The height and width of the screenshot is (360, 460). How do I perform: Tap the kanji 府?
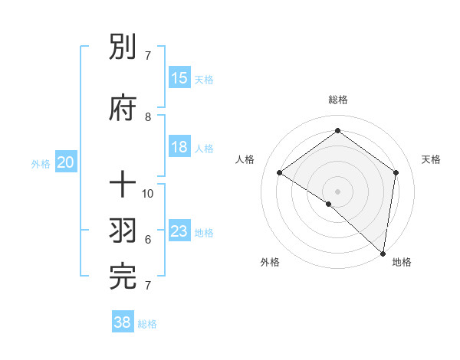point(124,109)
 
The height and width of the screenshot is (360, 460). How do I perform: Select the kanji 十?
point(124,185)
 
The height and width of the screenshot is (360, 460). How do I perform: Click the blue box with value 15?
point(179,78)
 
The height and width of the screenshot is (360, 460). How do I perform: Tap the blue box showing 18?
point(179,147)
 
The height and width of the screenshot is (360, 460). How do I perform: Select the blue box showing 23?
point(179,231)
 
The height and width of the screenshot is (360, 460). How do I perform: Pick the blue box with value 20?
point(66,162)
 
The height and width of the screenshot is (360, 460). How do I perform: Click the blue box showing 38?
point(123,323)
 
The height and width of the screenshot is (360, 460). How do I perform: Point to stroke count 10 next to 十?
point(149,193)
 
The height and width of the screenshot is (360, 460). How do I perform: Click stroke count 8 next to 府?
point(149,116)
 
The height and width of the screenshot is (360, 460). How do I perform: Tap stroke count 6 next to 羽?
point(148,240)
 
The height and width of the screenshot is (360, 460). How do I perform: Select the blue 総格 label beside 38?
point(147,325)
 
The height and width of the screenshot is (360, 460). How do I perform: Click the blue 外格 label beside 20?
point(41,164)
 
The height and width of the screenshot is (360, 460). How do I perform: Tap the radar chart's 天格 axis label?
point(432,159)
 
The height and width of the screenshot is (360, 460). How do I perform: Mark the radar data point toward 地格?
point(383,254)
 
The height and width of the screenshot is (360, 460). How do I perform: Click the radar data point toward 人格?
point(279,172)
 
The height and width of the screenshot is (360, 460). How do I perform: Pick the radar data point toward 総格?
point(337,131)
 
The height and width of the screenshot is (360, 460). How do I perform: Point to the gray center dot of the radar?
point(337,191)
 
